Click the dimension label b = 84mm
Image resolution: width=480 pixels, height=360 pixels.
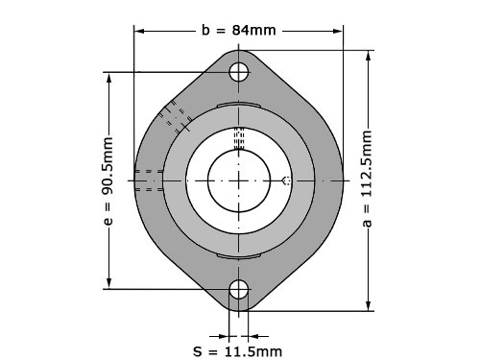click(239, 31)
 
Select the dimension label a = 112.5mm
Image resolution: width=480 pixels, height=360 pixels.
click(367, 179)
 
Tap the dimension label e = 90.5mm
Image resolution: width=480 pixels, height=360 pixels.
click(108, 181)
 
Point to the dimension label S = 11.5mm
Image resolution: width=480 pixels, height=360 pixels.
click(238, 351)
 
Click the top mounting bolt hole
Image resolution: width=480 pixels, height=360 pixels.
click(239, 72)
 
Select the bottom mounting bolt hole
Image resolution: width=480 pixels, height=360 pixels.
click(239, 289)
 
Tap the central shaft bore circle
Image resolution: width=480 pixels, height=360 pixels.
click(239, 180)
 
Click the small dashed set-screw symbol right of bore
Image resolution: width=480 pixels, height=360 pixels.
click(286, 180)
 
